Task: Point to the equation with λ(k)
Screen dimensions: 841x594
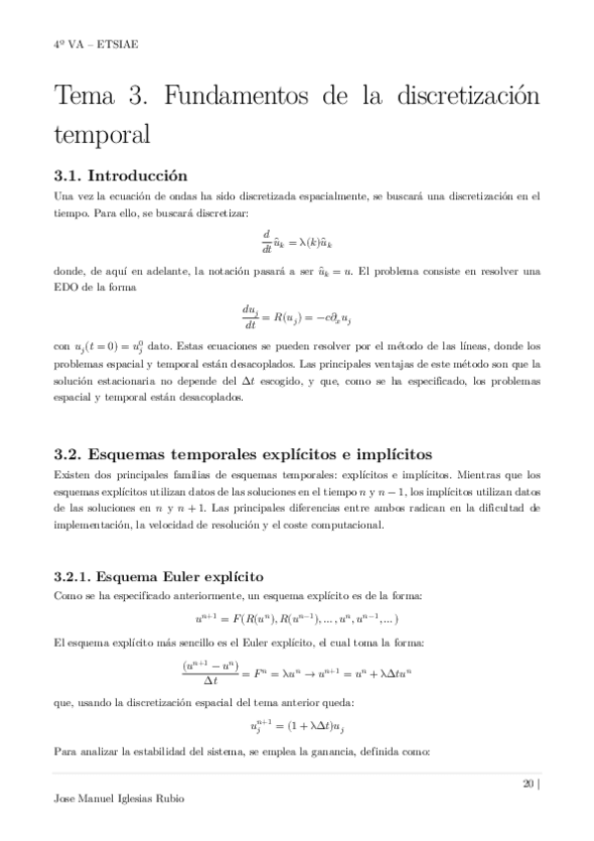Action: [x=297, y=241]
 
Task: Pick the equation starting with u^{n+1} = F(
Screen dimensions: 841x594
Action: [x=297, y=616]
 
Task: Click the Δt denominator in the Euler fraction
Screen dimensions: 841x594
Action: [x=211, y=680]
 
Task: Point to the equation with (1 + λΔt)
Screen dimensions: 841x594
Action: [x=297, y=726]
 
